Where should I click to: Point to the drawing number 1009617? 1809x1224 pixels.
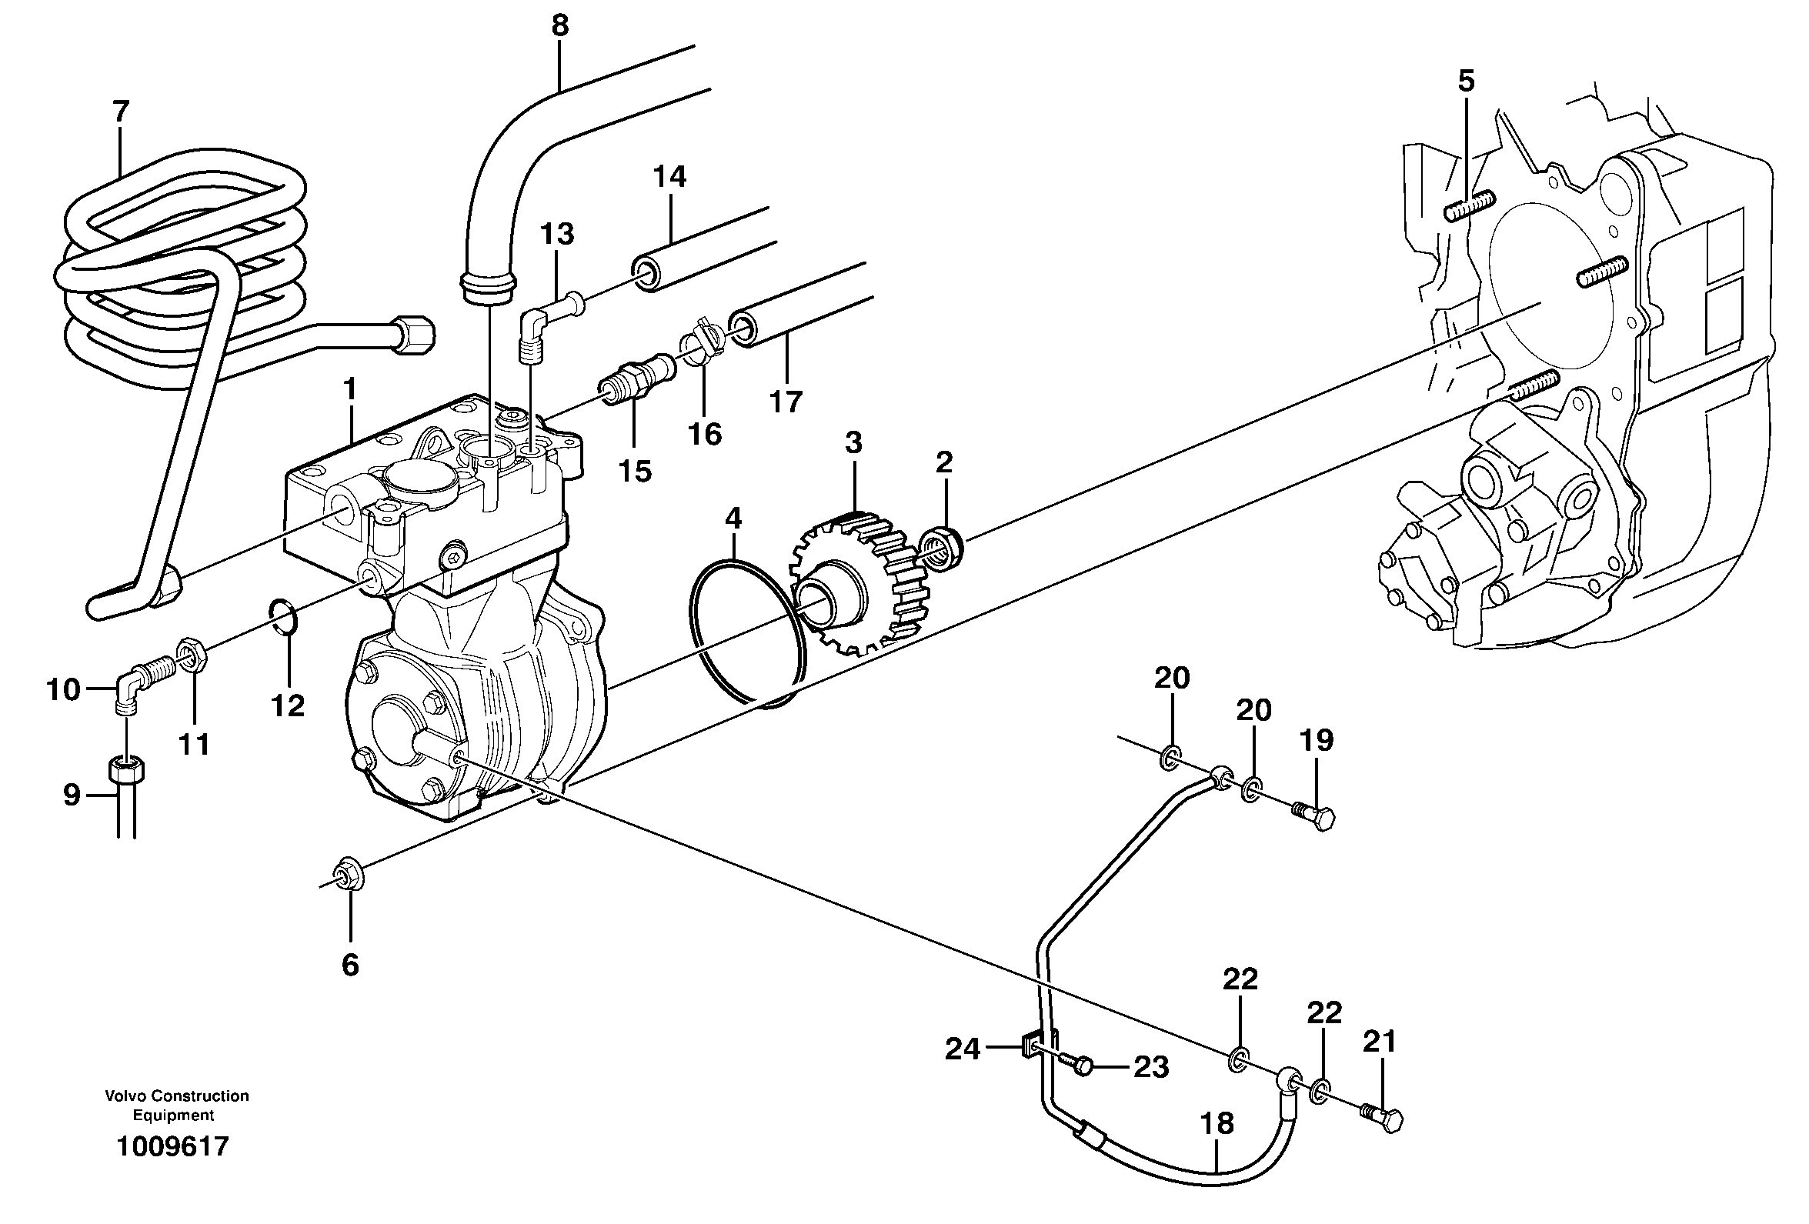point(173,1147)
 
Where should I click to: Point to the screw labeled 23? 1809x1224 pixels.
point(1079,1066)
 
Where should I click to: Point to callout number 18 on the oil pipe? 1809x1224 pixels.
point(1217,1124)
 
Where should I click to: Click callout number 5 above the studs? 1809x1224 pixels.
point(1466,81)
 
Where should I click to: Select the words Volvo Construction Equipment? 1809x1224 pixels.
point(177,1105)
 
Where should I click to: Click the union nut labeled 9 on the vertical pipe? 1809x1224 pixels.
point(126,771)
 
